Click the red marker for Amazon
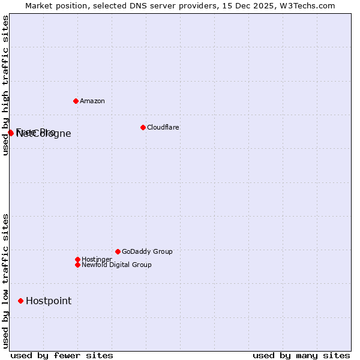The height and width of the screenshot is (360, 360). (x=76, y=101)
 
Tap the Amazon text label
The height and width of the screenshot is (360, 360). (x=92, y=101)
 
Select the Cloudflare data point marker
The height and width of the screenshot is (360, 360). (x=143, y=127)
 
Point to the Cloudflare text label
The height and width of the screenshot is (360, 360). (x=163, y=127)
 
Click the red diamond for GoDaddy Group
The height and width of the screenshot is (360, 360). (x=118, y=251)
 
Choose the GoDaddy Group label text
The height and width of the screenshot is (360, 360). (x=147, y=251)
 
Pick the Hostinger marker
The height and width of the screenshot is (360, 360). (x=77, y=259)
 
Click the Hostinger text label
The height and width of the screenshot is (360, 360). (x=97, y=259)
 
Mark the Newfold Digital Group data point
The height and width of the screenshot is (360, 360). (x=77, y=265)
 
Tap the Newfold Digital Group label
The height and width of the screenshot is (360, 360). (x=116, y=265)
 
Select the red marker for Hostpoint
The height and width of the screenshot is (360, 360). (x=20, y=301)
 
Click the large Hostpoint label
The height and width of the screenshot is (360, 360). (x=49, y=301)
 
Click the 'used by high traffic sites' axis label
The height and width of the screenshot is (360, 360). (x=5, y=86)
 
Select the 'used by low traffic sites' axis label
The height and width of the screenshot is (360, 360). (x=5, y=281)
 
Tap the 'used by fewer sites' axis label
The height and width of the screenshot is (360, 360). (x=62, y=355)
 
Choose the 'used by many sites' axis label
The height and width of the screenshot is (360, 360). (x=301, y=355)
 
